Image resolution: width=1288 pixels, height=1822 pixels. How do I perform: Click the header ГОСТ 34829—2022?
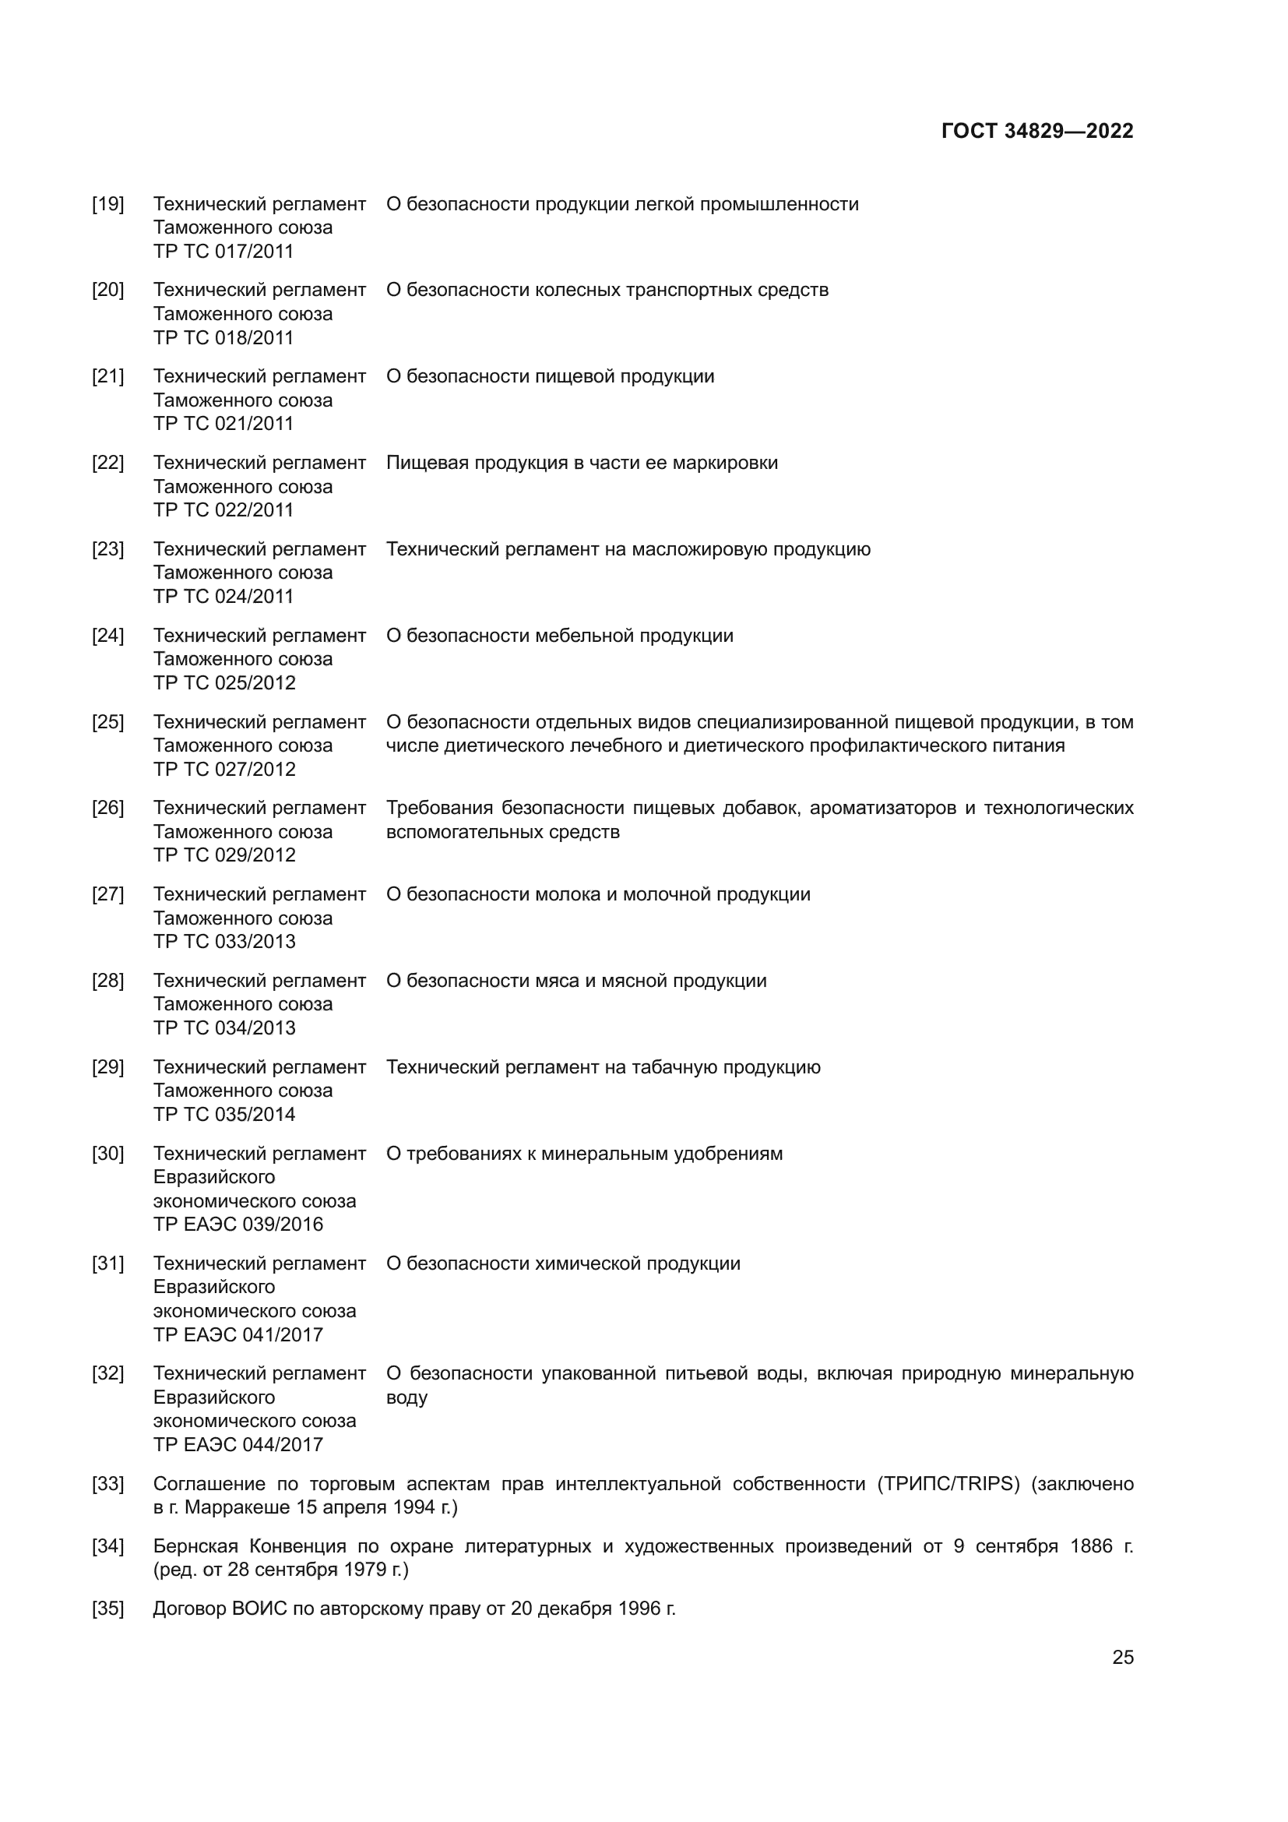click(1036, 131)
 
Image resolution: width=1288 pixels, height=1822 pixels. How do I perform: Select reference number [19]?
click(108, 204)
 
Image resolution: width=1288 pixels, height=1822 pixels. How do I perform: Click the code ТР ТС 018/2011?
click(223, 337)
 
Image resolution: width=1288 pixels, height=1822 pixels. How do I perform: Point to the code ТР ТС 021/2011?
click(223, 423)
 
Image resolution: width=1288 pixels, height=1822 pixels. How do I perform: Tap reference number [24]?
click(108, 636)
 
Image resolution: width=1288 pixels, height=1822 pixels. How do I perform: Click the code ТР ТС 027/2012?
click(223, 769)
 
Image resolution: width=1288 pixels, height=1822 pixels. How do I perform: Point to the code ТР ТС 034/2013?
click(223, 1027)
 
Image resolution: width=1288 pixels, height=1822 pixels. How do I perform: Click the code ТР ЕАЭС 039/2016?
click(238, 1224)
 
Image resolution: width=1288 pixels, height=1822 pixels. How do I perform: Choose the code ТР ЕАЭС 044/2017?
click(238, 1444)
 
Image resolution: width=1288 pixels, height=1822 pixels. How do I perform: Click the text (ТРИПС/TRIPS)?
click(948, 1484)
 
